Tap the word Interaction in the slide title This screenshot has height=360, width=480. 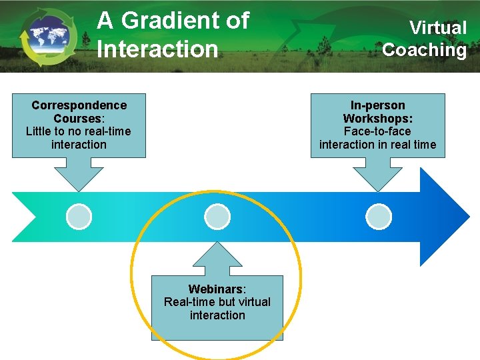(x=157, y=49)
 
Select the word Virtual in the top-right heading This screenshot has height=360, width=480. (x=438, y=28)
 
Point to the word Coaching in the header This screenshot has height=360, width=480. (x=425, y=50)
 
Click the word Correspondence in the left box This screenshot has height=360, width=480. (x=79, y=105)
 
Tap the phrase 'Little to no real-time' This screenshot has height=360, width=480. (x=79, y=131)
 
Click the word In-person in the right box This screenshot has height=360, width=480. (x=378, y=105)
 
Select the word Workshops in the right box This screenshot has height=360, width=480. (x=377, y=118)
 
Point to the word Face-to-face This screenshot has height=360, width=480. (x=377, y=131)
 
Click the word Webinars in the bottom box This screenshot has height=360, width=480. (x=216, y=289)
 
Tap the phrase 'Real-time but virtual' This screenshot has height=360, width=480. (x=217, y=302)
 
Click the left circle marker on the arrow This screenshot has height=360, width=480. (x=79, y=217)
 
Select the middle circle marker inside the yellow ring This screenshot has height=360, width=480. (x=217, y=217)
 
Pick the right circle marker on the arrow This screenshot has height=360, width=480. (x=379, y=217)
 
